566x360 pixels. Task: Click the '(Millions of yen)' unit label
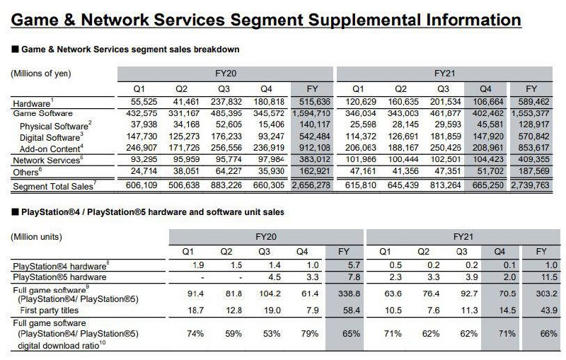[41, 74]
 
